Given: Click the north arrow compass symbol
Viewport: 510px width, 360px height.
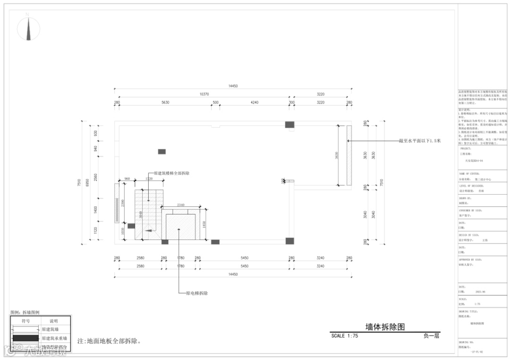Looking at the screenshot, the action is [28, 28].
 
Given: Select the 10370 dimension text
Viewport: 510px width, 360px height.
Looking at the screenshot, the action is [204, 94].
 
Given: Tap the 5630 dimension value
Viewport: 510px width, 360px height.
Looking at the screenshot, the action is [165, 103].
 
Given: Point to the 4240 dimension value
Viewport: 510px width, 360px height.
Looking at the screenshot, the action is [255, 103].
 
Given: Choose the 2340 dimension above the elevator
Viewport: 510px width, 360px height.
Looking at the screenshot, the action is [181, 205].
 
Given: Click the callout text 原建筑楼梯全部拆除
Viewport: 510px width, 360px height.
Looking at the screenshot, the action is [169, 173].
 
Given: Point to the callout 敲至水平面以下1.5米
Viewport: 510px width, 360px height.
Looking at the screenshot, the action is [419, 140].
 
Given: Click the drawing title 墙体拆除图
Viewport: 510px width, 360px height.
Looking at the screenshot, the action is [385, 326].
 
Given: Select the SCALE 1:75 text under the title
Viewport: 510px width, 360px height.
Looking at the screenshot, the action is [345, 336].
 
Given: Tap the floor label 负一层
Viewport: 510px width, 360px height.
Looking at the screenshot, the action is [432, 336].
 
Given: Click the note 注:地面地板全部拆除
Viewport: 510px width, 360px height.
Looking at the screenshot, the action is [109, 341].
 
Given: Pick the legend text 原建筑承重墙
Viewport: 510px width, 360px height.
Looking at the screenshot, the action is [54, 338].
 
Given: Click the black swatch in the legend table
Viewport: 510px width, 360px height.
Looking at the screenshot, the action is [25, 338].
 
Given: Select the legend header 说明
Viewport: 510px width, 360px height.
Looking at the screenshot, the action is [53, 321].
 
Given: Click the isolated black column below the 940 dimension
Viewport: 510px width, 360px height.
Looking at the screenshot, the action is [161, 152].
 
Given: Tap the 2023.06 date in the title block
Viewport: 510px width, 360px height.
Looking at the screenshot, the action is [481, 291].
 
